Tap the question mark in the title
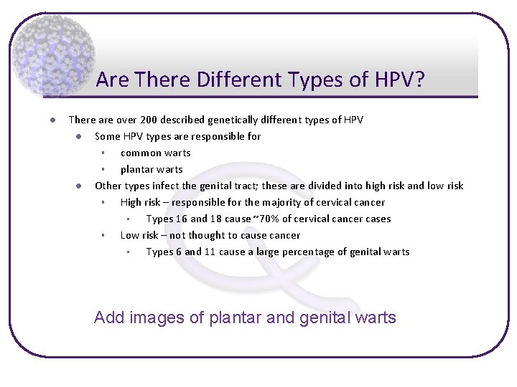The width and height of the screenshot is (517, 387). pyautogui.click(x=419, y=79)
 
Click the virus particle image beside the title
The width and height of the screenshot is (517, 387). pyautogui.click(x=53, y=56)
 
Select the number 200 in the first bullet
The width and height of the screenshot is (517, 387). pyautogui.click(x=149, y=120)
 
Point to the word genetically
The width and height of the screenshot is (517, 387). pyautogui.click(x=233, y=120)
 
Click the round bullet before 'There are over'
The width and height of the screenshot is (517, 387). pyautogui.click(x=52, y=120)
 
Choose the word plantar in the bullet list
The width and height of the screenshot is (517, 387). pyautogui.click(x=134, y=170)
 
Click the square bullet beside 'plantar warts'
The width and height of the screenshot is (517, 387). pyautogui.click(x=103, y=169)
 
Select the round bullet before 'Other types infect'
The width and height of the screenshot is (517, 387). pyautogui.click(x=78, y=186)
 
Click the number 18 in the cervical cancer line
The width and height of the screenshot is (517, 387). pyautogui.click(x=215, y=219)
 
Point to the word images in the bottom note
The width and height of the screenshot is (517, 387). pyautogui.click(x=157, y=318)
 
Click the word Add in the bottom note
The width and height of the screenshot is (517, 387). pyautogui.click(x=109, y=317)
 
